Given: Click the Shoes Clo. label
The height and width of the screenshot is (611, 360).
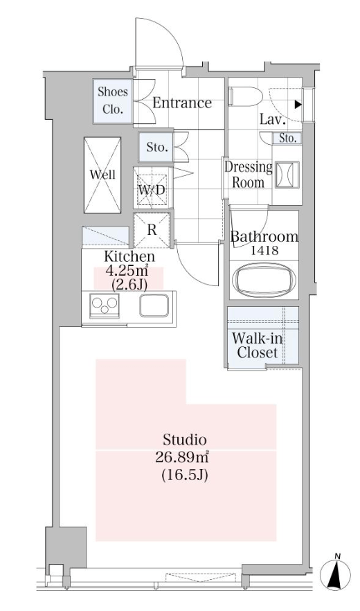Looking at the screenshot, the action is pos(113,100).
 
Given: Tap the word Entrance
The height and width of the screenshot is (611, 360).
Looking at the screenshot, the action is pos(182,103).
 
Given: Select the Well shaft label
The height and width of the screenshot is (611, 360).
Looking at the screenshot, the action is pos(102,174).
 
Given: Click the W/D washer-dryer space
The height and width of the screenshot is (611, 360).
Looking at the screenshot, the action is pos(152,188).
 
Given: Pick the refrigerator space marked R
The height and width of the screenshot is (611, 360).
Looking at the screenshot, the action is pos(152,230).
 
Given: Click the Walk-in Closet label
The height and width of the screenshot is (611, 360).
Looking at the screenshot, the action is pos(258,345).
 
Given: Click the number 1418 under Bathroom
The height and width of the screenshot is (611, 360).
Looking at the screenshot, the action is pos(264,251).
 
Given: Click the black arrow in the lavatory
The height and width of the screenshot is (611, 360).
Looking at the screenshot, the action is pos(298,105).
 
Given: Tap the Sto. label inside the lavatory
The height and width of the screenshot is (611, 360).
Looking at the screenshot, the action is pos(288,139).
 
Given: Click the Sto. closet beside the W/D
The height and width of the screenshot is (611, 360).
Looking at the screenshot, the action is pos(156,148).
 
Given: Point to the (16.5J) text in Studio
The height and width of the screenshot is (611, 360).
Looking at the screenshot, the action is pos(184,475).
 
